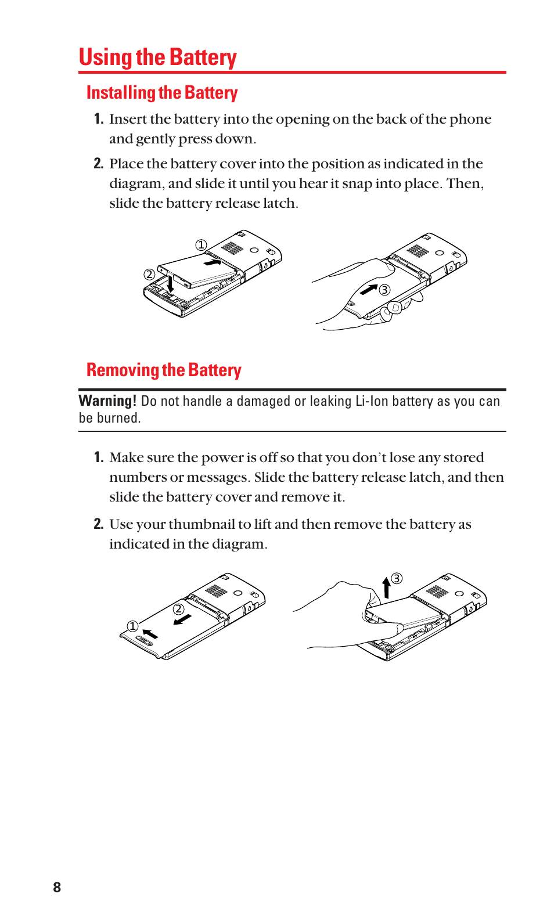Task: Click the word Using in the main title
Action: (105, 57)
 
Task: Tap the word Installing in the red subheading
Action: (121, 93)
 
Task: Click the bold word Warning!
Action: (107, 401)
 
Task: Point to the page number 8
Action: (57, 887)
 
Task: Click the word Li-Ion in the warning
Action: (371, 401)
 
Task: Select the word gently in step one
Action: (155, 139)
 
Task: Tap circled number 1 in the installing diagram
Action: (201, 245)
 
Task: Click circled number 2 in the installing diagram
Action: (149, 275)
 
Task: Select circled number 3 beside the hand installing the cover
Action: (384, 290)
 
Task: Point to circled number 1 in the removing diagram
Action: (132, 626)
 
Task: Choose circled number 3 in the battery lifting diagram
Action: (397, 578)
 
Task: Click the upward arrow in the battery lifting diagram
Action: (386, 587)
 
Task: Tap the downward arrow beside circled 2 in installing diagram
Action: (170, 284)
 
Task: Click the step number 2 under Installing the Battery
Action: (98, 164)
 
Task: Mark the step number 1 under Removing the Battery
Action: (98, 457)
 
